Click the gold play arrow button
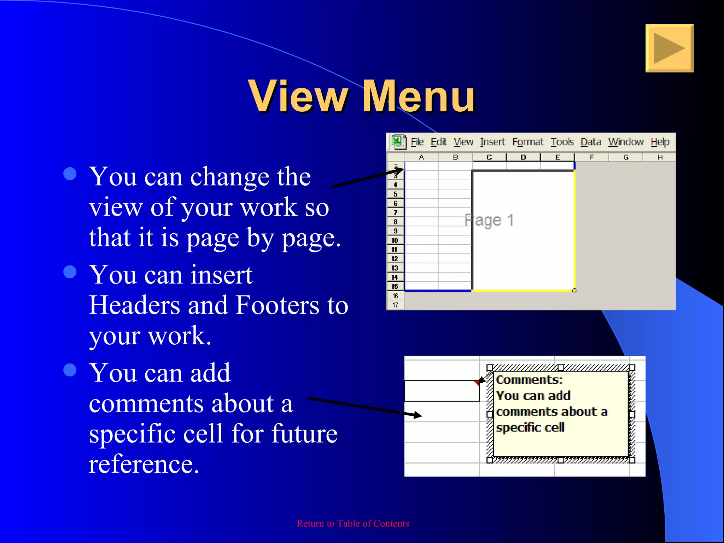[x=669, y=48]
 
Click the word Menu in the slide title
[x=419, y=96]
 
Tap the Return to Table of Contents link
[x=353, y=523]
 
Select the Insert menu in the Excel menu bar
[x=492, y=142]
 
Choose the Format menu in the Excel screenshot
[x=528, y=142]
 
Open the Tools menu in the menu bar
[x=562, y=142]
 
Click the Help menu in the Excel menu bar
[x=660, y=142]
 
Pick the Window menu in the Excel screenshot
[x=626, y=142]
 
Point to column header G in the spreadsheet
[x=626, y=157]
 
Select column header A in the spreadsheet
[x=421, y=157]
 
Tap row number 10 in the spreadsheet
[x=395, y=240]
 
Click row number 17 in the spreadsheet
[x=395, y=305]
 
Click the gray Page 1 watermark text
[x=489, y=220]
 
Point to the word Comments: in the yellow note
[x=529, y=380]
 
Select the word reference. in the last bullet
[x=144, y=464]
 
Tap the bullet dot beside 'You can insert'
[x=70, y=272]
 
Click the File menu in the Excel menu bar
[x=417, y=142]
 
